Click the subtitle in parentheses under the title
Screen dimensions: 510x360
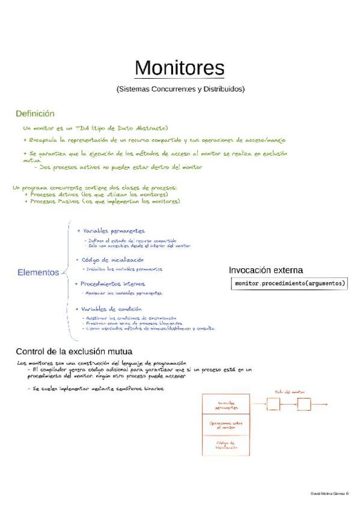180,89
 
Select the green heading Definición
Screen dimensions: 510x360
35,114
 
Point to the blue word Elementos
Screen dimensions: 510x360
38,272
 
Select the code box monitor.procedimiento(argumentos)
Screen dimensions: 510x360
290,283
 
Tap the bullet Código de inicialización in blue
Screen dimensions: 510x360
109,259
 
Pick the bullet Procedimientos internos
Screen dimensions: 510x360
110,283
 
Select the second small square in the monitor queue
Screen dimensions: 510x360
304,404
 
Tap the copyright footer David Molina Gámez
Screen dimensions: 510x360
329,493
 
